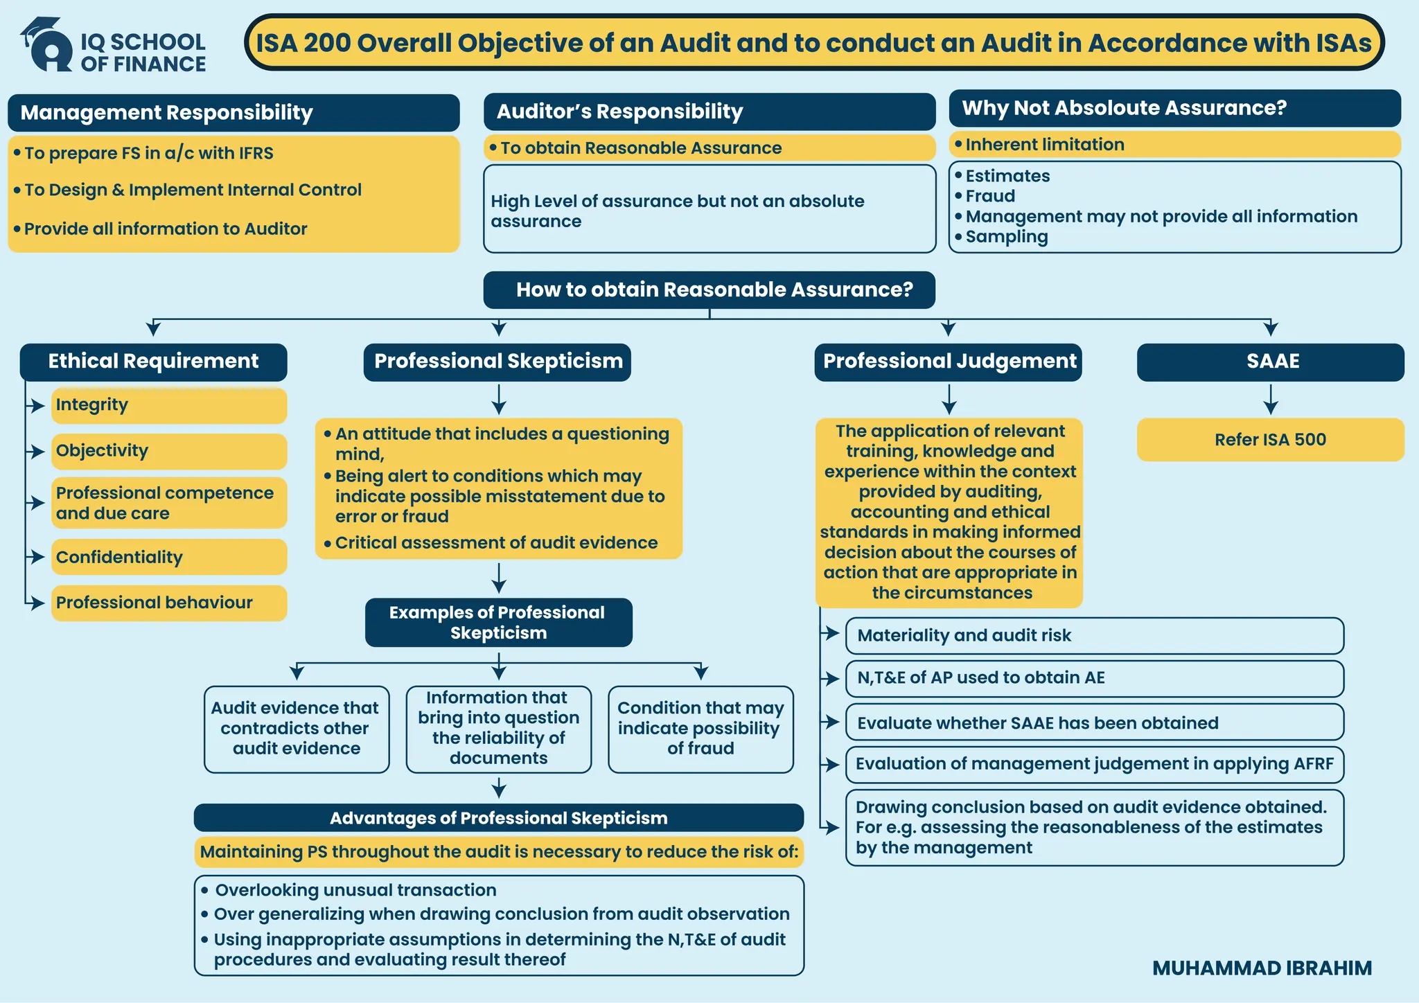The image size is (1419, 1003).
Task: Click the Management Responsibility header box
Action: click(233, 113)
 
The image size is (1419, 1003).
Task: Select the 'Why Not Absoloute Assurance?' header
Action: click(1174, 108)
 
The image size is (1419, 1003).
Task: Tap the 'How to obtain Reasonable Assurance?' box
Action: click(709, 290)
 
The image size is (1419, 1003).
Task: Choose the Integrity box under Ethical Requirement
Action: click(168, 405)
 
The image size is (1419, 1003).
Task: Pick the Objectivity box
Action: click(168, 451)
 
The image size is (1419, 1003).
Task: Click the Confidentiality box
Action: click(168, 557)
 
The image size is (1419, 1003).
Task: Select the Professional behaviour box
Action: click(168, 603)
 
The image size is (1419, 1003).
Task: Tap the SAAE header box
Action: click(1270, 362)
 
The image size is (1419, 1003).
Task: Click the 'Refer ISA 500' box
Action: click(1270, 440)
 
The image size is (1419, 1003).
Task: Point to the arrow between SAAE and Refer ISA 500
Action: click(1270, 400)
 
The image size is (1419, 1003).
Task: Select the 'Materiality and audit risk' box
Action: click(1094, 635)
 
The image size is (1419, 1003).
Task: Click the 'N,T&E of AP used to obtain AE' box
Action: click(1094, 678)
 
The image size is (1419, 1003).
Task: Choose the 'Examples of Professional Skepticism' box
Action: click(498, 623)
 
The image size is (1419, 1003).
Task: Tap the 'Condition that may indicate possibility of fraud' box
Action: click(700, 729)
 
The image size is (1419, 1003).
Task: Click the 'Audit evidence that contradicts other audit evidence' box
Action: click(297, 729)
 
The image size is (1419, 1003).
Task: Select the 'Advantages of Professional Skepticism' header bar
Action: click(498, 818)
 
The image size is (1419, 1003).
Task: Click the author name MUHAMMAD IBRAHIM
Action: click(1262, 968)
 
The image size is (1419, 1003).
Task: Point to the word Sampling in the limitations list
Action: click(1007, 237)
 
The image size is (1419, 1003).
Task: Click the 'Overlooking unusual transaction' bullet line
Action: click(355, 890)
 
